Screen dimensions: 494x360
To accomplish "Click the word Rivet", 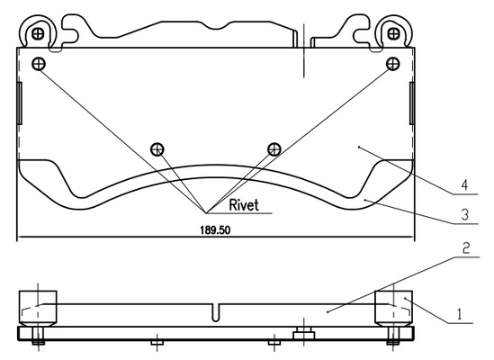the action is pos(244,205).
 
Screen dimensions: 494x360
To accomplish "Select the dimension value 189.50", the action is pos(215,230).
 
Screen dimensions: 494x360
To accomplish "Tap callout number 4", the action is pos(464,185).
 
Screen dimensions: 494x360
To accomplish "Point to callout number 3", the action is pos(465,215).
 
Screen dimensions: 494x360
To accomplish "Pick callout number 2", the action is pos(466,248).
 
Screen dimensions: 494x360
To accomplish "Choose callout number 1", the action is pos(459,314).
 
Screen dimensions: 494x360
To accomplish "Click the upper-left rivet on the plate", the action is pos(39,64).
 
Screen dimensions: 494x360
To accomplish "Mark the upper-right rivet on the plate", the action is pos(393,64).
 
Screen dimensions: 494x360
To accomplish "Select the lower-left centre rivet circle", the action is pos(157,149).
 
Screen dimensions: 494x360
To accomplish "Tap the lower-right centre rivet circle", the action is pos(274,149).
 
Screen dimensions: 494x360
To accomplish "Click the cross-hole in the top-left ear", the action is pos(38,33).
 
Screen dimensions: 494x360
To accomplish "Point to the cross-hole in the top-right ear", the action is pos(393,33).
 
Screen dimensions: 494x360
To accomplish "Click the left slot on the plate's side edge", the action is pos(20,103).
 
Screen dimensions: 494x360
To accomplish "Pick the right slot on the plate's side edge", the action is pos(412,103).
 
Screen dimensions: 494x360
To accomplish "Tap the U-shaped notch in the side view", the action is pos(215,312).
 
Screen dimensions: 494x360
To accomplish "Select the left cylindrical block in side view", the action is pos(38,308).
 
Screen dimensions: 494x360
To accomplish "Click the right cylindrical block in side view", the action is pos(393,308).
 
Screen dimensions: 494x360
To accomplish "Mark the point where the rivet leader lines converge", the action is pos(206,213).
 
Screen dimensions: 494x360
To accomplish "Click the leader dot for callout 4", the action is pos(359,147).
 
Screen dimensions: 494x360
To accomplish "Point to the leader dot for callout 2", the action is pos(328,312).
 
